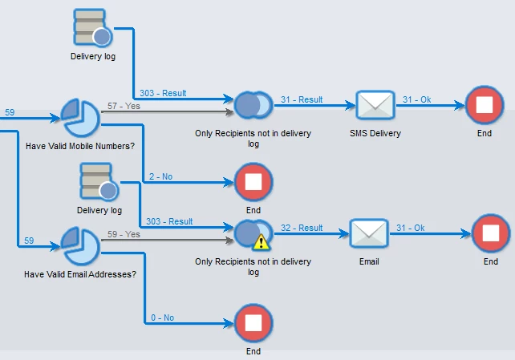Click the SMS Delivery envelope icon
click(375, 105)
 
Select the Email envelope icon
click(369, 233)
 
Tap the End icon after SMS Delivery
click(484, 105)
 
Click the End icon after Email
click(491, 233)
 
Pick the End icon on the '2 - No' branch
click(253, 182)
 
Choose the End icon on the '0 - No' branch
click(253, 323)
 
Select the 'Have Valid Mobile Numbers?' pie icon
click(80, 118)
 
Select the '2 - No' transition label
click(162, 176)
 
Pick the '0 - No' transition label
click(162, 318)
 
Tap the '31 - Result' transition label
click(302, 99)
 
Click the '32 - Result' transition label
click(302, 228)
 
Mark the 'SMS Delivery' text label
click(375, 133)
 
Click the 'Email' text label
click(369, 261)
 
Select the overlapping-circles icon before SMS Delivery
click(253, 105)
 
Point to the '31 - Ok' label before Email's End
click(408, 228)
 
